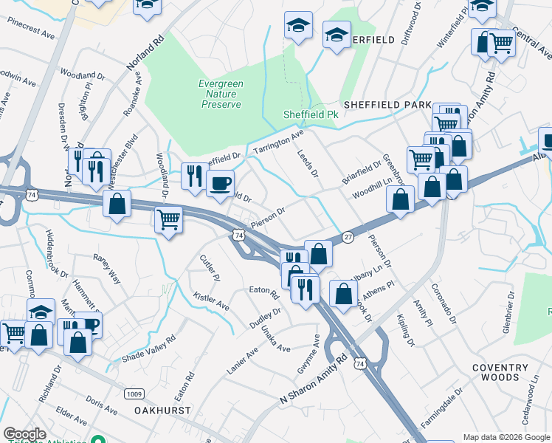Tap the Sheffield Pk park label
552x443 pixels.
(x=311, y=114)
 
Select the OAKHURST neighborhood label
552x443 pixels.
(x=163, y=409)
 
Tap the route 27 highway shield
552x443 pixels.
(x=348, y=236)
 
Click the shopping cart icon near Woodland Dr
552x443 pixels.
(x=168, y=219)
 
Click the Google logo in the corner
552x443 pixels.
(x=24, y=434)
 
